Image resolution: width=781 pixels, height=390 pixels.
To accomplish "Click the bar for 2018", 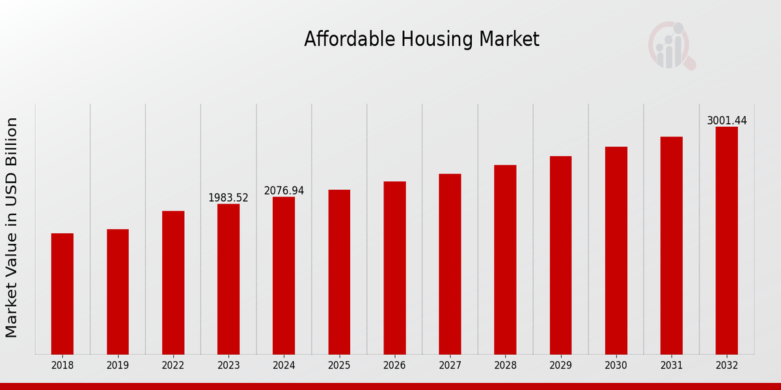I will (62, 294).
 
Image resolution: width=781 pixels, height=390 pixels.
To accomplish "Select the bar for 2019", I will (118, 292).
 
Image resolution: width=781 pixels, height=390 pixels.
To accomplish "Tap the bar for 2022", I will (173, 283).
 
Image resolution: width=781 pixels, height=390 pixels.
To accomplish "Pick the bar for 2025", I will (339, 272).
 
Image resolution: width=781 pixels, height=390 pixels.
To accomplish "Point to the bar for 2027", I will (450, 264).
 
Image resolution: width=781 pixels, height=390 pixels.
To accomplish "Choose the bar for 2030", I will (616, 250).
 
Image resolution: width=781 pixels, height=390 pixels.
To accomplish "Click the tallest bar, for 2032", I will (726, 240).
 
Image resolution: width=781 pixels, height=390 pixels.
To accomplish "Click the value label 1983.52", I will (228, 198).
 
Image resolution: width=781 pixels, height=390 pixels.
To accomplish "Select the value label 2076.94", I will (284, 190).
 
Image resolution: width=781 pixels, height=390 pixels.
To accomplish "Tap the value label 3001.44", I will (726, 121).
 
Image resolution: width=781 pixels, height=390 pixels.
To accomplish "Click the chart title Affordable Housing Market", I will (422, 40).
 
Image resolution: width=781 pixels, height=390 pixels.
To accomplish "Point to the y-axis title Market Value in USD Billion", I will (12, 227).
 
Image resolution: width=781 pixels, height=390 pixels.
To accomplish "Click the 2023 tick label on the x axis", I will (228, 366).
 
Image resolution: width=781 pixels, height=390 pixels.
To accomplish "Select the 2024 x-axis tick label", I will (284, 366).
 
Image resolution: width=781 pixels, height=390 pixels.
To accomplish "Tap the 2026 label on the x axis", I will (394, 366).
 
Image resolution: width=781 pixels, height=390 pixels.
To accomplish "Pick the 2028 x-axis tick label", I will (505, 366).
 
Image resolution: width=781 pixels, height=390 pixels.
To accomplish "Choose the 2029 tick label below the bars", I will (560, 366).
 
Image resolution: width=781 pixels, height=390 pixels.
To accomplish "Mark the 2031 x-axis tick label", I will (671, 366).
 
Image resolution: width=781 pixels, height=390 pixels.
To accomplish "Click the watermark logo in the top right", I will (671, 45).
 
